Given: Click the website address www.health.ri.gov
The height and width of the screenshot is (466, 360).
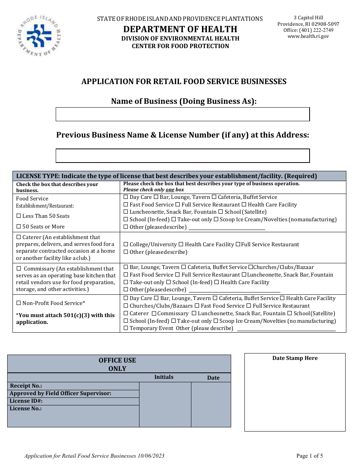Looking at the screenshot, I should click(x=308, y=36).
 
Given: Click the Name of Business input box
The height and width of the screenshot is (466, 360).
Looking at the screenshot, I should click(x=183, y=114).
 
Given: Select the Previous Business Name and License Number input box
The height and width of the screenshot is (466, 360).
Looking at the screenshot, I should click(x=183, y=156).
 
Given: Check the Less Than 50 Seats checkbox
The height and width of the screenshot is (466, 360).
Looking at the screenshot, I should click(x=19, y=216).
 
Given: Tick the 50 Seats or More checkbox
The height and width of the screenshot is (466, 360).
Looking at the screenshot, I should click(x=19, y=227).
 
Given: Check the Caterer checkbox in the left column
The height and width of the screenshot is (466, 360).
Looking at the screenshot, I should click(x=19, y=237).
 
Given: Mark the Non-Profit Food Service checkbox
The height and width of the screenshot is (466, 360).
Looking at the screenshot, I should click(x=19, y=303).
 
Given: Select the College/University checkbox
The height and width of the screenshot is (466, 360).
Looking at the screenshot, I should click(x=126, y=245).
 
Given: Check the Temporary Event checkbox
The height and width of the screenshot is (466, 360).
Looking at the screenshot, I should click(x=126, y=328).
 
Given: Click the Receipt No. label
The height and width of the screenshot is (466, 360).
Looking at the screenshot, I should click(x=26, y=386).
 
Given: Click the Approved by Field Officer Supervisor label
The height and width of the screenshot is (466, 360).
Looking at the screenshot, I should click(x=60, y=393).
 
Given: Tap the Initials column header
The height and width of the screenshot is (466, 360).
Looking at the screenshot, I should click(x=164, y=377).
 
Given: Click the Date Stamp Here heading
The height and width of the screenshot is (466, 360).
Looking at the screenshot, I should click(x=295, y=358).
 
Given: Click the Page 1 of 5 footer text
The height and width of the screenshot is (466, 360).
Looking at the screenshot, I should click(x=310, y=456).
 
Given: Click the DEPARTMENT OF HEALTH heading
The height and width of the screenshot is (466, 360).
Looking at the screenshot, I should click(x=180, y=29).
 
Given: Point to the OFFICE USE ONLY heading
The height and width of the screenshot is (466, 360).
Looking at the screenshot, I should click(x=117, y=364).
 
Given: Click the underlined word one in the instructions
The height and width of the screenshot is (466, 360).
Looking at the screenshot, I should click(x=170, y=190).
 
